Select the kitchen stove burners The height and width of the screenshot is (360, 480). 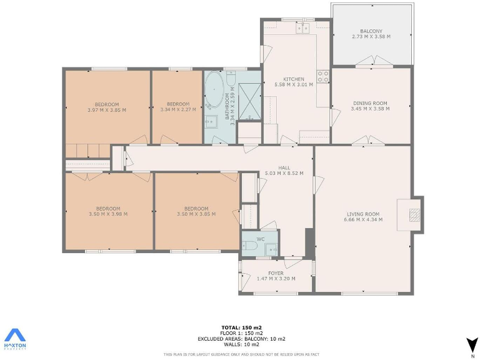click(323, 76)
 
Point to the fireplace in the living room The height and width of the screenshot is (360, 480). click(413, 214)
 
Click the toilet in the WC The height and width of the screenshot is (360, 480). click(249, 248)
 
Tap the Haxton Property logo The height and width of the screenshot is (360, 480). click(15, 341)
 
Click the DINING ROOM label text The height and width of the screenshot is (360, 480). click(371, 103)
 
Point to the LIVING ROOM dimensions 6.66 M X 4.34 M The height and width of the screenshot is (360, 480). click(364, 219)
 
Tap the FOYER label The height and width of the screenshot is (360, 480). click(276, 273)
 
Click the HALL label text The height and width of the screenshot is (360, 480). click(284, 167)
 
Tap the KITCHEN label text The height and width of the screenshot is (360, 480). click(294, 79)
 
